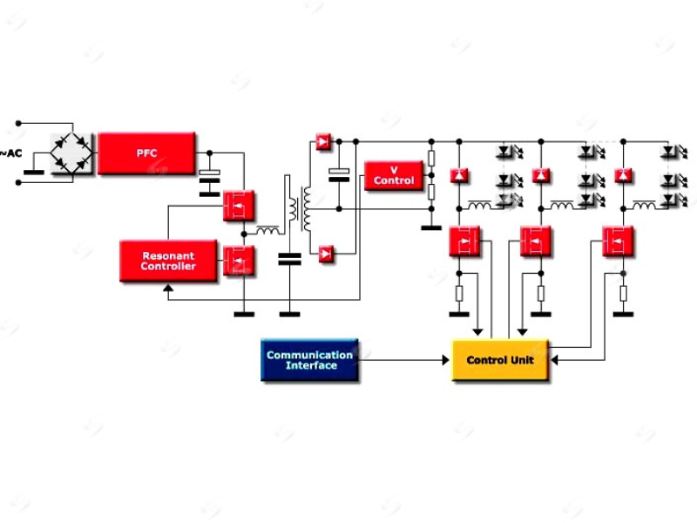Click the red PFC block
[x=146, y=153]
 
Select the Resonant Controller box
[x=168, y=261]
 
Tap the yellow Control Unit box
[x=499, y=360]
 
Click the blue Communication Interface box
[x=309, y=360]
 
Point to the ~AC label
[x=11, y=153]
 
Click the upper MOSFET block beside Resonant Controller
[x=238, y=207]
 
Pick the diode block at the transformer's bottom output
[x=324, y=254]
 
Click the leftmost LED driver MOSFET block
[x=465, y=241]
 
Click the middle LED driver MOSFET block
[x=536, y=241]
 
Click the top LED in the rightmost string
[x=669, y=151]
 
